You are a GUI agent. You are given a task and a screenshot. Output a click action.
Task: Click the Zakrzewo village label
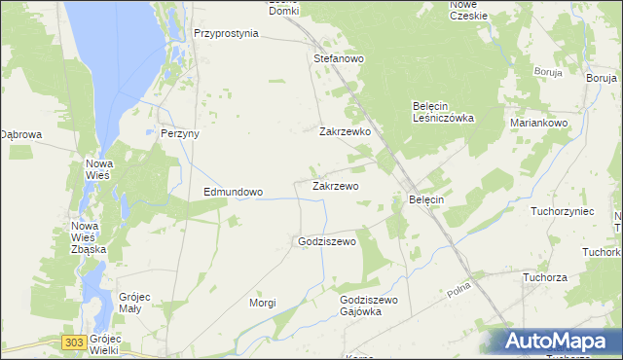click(x=336, y=185)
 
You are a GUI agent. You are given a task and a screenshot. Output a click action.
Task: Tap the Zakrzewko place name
click(x=346, y=130)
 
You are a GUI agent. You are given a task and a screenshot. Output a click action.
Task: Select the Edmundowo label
click(x=233, y=192)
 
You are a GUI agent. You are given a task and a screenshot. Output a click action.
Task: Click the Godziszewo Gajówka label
click(x=369, y=306)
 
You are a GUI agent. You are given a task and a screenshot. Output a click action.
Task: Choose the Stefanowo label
click(x=339, y=59)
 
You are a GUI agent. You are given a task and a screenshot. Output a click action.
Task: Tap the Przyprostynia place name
click(x=226, y=32)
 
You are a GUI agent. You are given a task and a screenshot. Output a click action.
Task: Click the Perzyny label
click(x=179, y=133)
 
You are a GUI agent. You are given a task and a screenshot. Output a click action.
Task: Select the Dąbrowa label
click(x=20, y=134)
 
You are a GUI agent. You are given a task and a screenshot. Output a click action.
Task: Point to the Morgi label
click(x=262, y=303)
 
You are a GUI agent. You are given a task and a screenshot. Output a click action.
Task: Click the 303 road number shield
click(x=73, y=342)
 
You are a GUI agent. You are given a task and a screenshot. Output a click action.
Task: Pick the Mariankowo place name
click(x=539, y=124)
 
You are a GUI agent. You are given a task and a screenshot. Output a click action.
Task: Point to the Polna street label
click(x=458, y=291)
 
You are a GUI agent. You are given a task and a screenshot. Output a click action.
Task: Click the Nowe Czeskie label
click(x=467, y=10)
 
